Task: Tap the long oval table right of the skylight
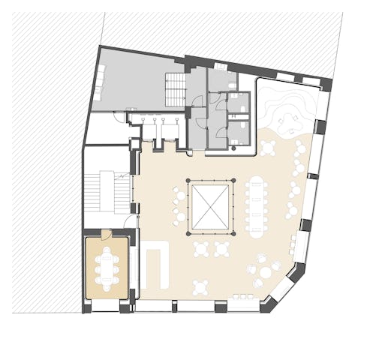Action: click(x=258, y=202)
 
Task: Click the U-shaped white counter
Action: click(x=156, y=264)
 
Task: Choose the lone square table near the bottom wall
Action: click(x=200, y=285)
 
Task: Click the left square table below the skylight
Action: click(x=202, y=248)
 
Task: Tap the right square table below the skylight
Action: click(x=222, y=248)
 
